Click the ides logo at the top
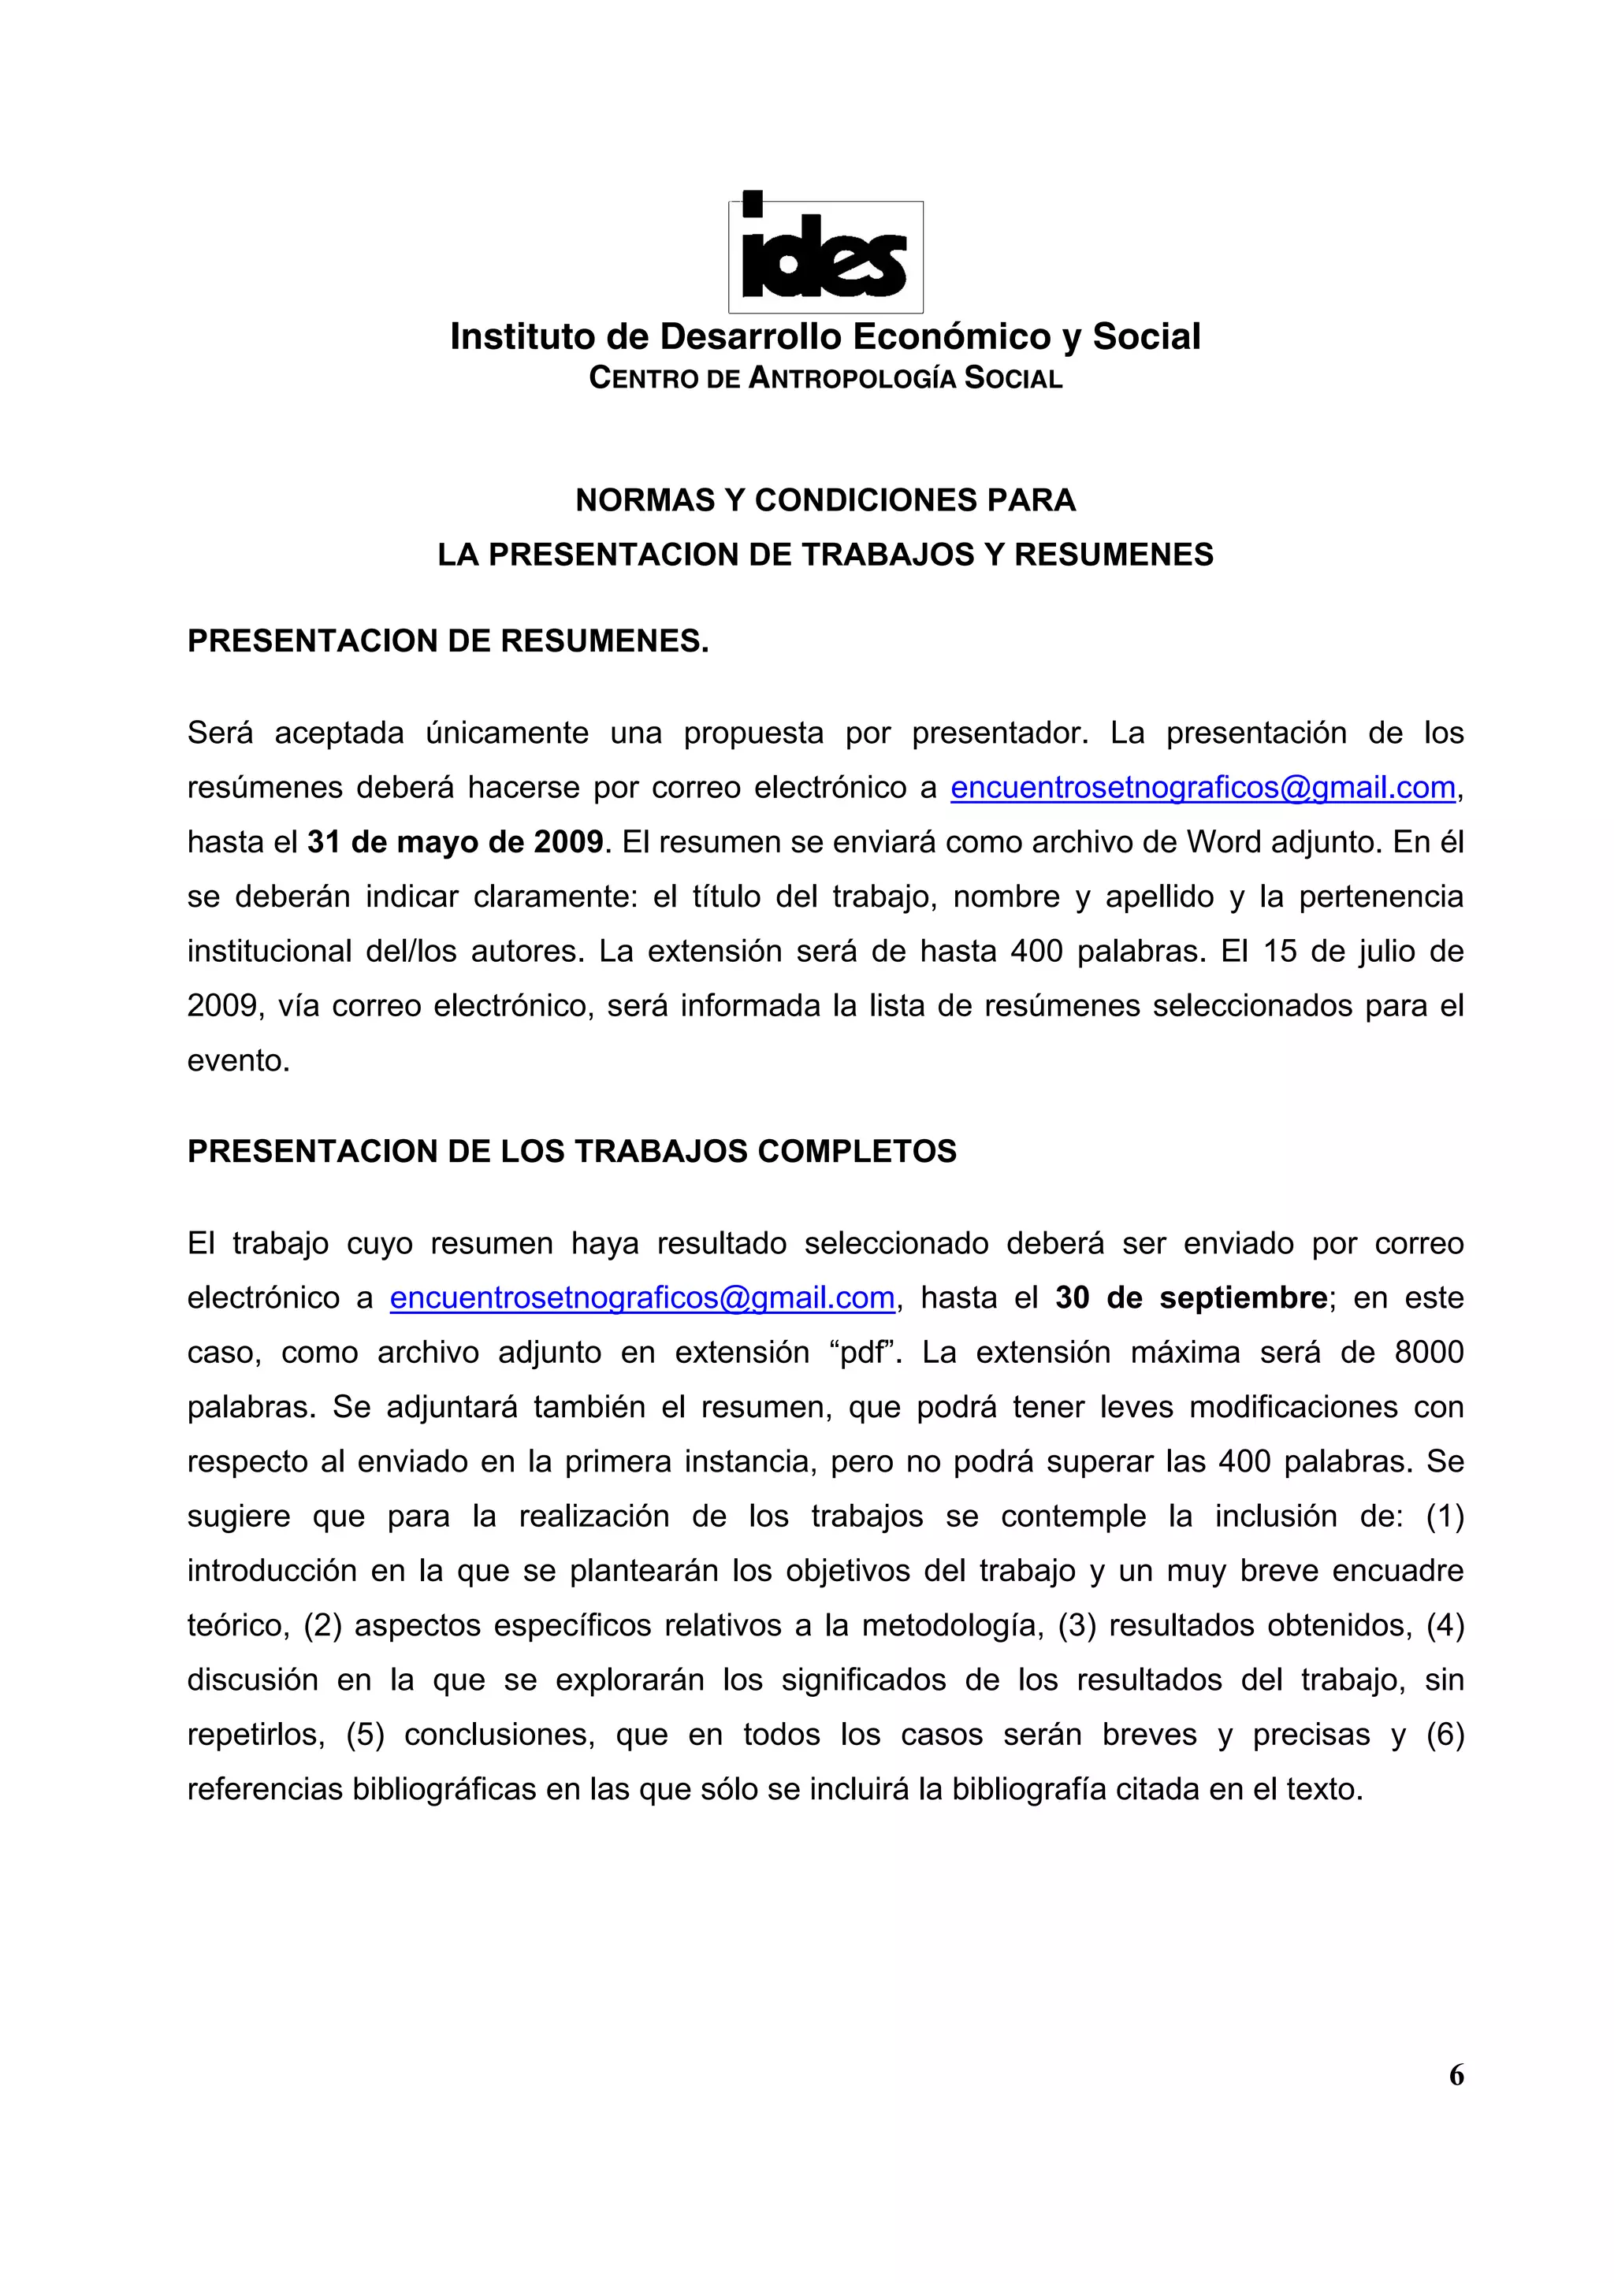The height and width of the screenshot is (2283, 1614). click(x=825, y=254)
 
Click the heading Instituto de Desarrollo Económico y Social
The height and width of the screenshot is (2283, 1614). click(x=825, y=337)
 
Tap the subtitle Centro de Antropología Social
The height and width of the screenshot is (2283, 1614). click(x=825, y=379)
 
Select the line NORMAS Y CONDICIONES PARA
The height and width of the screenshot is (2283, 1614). click(x=825, y=500)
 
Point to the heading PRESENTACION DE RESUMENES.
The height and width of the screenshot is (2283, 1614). click(x=448, y=641)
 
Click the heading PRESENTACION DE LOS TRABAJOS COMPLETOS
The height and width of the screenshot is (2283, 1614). click(x=572, y=1152)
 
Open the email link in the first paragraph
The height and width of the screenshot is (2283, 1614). click(x=1203, y=788)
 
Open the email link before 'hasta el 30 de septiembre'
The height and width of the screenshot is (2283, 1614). click(x=642, y=1297)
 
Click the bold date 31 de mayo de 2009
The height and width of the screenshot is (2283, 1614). click(x=456, y=842)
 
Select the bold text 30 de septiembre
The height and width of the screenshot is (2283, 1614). click(x=1192, y=1297)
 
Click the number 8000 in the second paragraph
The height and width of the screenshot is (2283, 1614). click(x=1428, y=1353)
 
